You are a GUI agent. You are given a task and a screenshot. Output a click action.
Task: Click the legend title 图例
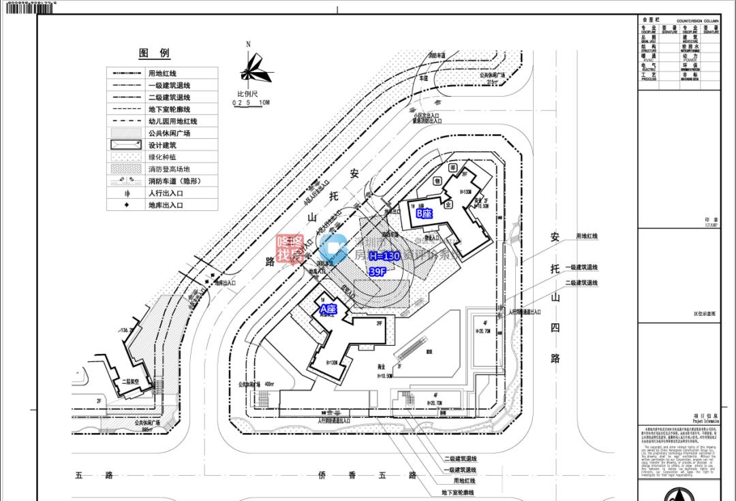[155, 53]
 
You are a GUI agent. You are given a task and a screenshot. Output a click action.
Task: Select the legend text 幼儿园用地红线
[172, 121]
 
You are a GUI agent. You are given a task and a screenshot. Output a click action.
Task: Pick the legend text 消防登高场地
[169, 169]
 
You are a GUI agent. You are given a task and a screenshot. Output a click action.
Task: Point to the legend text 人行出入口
[166, 193]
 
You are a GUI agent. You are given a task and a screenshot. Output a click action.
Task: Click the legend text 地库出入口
[166, 205]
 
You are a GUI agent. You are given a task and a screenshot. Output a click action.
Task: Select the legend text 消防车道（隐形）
[174, 181]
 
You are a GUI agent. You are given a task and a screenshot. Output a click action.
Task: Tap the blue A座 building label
[328, 309]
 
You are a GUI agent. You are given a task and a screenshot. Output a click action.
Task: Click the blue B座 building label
[425, 213]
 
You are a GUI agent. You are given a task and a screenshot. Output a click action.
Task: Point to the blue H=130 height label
[384, 257]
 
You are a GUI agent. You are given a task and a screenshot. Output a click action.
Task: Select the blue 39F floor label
[378, 271]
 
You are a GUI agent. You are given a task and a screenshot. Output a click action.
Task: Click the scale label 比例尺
[247, 93]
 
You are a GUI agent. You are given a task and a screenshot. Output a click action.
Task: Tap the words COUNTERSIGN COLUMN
[697, 21]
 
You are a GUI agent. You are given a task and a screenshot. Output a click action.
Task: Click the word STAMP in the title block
[711, 225]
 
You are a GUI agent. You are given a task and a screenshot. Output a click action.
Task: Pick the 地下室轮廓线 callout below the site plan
[457, 492]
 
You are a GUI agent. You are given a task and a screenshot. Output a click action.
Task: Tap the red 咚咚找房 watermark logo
[290, 249]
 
